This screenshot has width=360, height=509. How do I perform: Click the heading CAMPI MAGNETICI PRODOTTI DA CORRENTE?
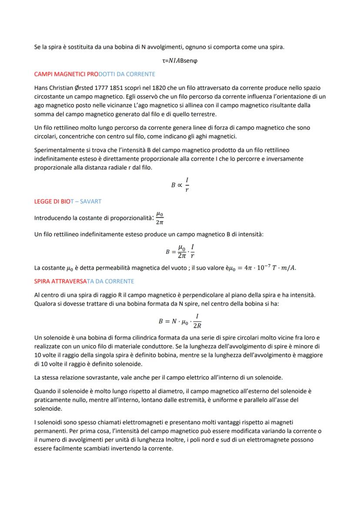click(x=94, y=74)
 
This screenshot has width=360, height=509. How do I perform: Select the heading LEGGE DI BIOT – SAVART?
click(x=67, y=202)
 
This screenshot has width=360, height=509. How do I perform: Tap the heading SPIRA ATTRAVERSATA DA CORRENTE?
click(x=84, y=281)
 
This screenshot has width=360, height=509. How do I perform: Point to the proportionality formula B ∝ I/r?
click(x=180, y=185)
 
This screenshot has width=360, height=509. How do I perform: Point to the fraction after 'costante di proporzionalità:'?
click(x=160, y=218)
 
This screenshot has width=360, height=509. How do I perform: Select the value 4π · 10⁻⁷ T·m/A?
click(x=270, y=267)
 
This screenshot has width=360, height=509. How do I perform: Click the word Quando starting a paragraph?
click(x=46, y=391)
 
